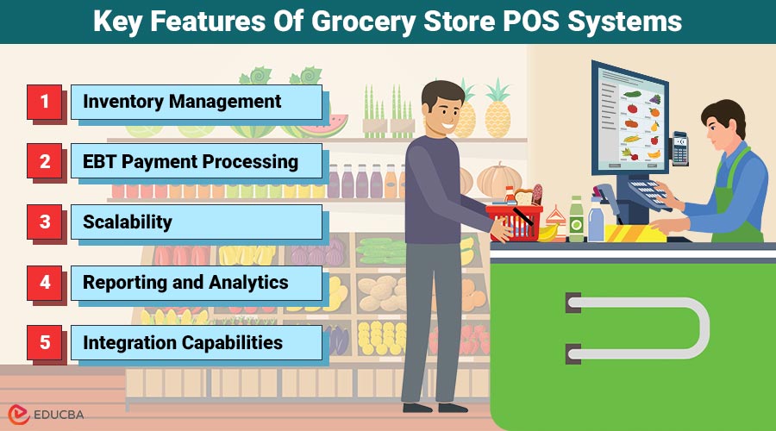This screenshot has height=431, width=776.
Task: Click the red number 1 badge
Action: pos(44,102)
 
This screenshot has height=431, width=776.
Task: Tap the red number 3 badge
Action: pos(44,222)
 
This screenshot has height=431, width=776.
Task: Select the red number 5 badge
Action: pos(44,343)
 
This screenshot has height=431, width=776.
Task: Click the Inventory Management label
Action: pos(182,102)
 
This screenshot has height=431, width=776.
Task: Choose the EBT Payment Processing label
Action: pos(191,161)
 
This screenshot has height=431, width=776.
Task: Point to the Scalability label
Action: pos(128,222)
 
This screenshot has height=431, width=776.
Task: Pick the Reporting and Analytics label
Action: pos(185,283)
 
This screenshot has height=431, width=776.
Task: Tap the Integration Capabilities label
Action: pos(183,343)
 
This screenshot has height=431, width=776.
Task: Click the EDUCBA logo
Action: pos(43,414)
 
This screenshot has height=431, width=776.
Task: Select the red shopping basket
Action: pos(515,221)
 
